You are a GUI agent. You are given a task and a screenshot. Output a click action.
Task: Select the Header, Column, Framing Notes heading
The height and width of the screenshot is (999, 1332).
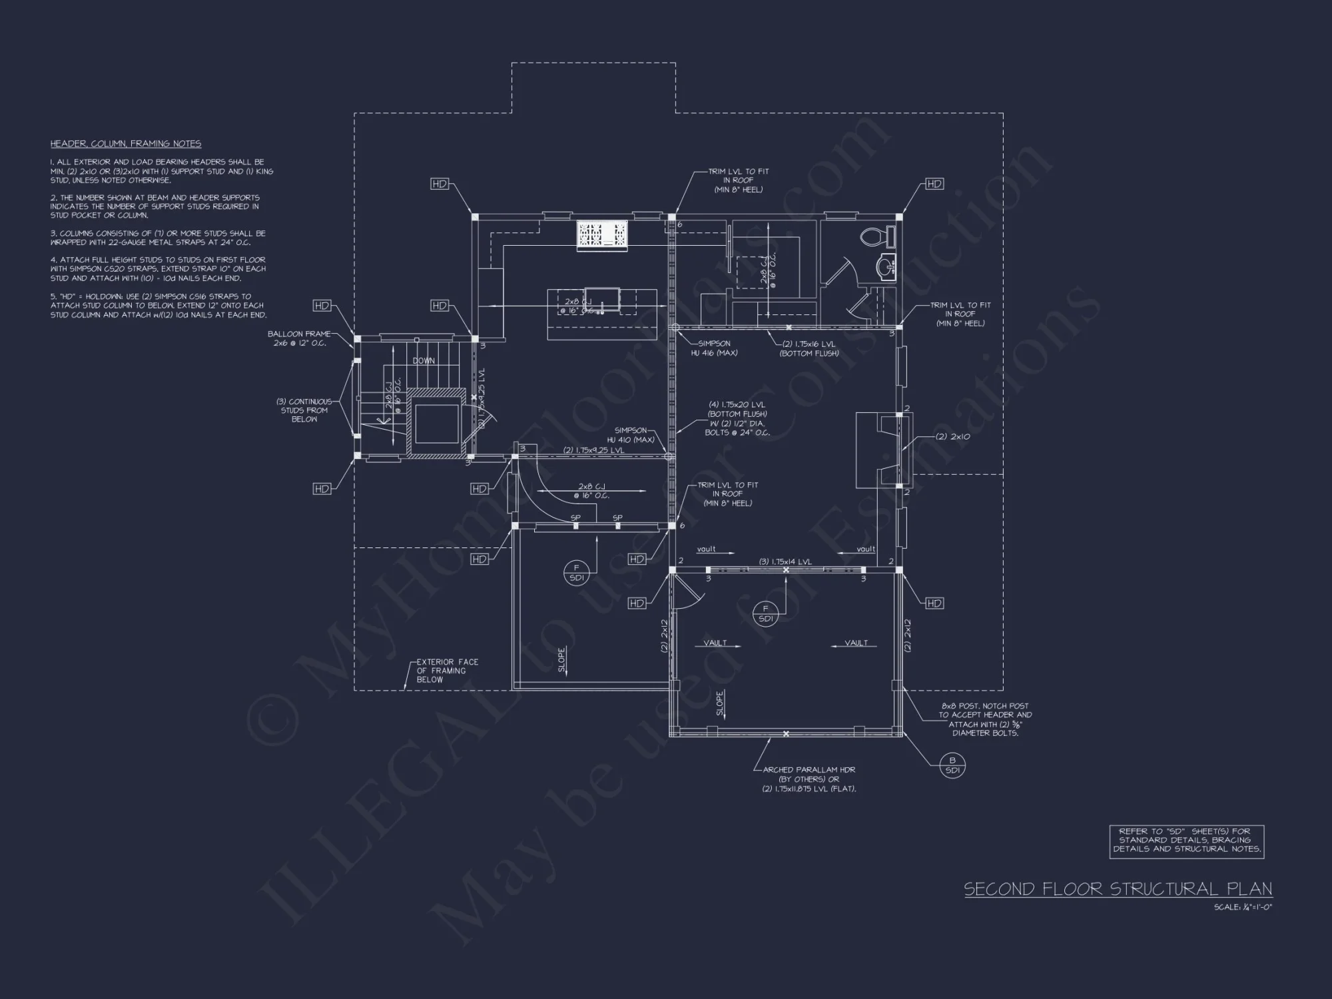click(126, 144)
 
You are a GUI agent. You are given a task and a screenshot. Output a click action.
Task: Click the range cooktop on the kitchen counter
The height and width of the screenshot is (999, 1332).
click(602, 236)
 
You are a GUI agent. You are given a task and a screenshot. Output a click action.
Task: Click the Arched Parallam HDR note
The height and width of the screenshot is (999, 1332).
click(809, 779)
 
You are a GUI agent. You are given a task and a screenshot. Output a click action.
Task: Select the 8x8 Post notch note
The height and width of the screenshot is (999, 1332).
click(985, 719)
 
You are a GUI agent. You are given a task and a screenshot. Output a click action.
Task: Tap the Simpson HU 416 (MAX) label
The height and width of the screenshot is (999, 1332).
click(714, 348)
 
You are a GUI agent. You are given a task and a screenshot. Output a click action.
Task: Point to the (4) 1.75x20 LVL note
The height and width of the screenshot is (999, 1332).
click(737, 418)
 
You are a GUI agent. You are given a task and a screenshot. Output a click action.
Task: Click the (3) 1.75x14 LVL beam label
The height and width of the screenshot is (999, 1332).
click(785, 561)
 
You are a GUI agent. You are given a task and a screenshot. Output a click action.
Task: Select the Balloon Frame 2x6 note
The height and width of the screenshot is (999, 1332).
click(299, 338)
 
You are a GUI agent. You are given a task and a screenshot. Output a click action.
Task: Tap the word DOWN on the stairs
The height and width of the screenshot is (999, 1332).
click(424, 361)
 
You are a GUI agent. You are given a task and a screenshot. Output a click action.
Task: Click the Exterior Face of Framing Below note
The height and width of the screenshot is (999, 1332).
click(447, 671)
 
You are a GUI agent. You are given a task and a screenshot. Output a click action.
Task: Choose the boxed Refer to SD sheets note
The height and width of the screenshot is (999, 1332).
click(1186, 840)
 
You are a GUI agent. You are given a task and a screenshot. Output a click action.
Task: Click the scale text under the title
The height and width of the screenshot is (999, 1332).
click(1243, 907)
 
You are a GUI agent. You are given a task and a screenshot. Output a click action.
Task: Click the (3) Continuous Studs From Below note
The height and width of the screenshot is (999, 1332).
click(304, 410)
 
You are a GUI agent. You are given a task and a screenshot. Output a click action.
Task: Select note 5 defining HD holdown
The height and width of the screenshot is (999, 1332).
click(159, 306)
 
